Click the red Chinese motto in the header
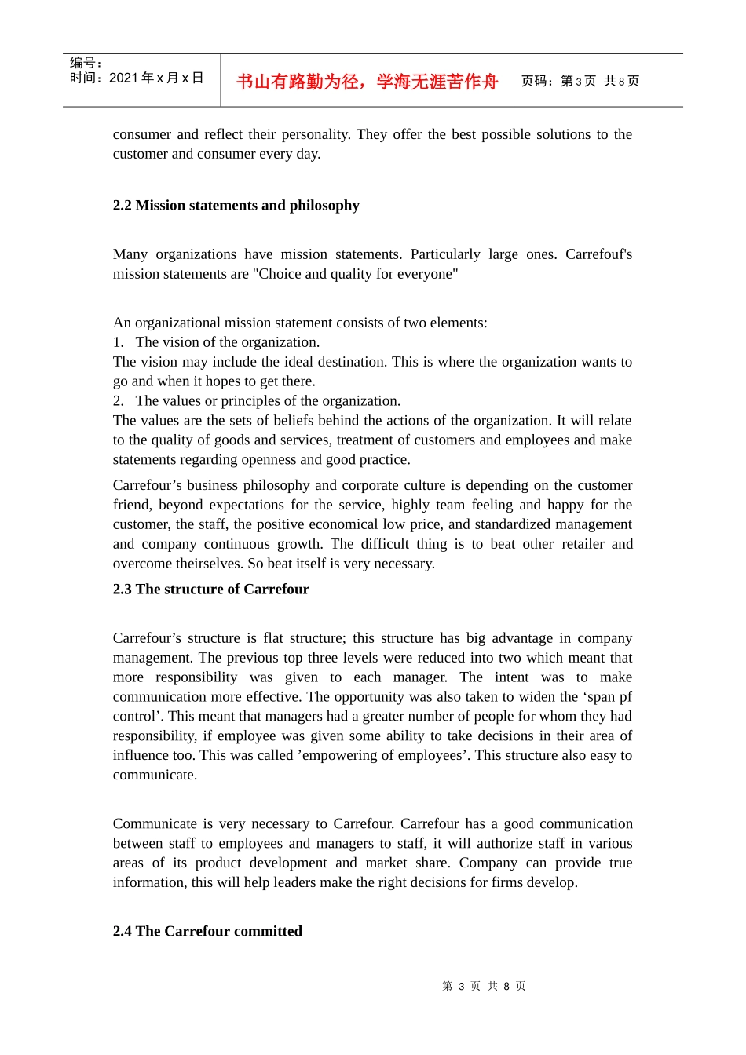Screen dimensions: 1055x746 (367, 82)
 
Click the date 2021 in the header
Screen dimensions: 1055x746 (123, 78)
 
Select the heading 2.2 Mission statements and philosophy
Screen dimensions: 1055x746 (236, 205)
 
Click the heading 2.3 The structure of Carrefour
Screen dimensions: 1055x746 (210, 589)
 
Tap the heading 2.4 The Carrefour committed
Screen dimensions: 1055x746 (207, 931)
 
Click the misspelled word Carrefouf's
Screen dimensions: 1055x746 (598, 254)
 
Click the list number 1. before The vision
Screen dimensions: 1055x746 (118, 342)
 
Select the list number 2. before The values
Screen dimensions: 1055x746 (118, 401)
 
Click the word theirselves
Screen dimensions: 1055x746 (205, 564)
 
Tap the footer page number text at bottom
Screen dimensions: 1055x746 (484, 986)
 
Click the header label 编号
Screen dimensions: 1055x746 (83, 63)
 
